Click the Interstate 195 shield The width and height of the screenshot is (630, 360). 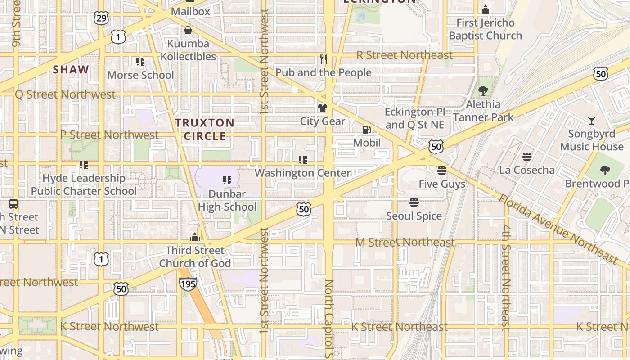(188, 283)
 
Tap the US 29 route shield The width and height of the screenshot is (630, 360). (101, 18)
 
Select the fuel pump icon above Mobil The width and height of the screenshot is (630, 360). (367, 130)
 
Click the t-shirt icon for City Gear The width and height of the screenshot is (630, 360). (323, 108)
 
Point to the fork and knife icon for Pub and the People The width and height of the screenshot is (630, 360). (323, 59)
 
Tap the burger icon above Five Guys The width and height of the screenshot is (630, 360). (441, 170)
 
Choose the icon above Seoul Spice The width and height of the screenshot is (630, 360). (414, 202)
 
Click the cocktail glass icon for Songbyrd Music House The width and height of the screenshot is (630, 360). (591, 121)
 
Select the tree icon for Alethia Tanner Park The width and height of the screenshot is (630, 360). (483, 91)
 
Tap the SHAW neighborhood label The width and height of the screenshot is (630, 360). (71, 70)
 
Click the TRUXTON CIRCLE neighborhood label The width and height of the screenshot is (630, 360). (205, 129)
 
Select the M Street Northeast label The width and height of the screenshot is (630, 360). (405, 243)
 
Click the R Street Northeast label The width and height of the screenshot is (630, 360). (405, 55)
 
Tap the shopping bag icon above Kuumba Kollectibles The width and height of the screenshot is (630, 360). (188, 30)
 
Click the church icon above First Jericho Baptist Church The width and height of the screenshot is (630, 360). (485, 9)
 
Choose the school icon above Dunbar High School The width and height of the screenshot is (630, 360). (227, 180)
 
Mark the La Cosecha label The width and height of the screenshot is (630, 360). (527, 170)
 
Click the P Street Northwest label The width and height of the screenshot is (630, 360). (109, 135)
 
